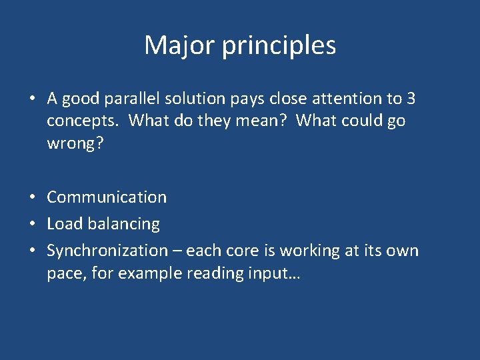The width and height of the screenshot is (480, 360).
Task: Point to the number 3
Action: tap(411, 99)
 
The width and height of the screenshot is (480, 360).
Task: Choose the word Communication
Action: tap(107, 197)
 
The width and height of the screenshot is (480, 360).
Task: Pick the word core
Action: tap(238, 251)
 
